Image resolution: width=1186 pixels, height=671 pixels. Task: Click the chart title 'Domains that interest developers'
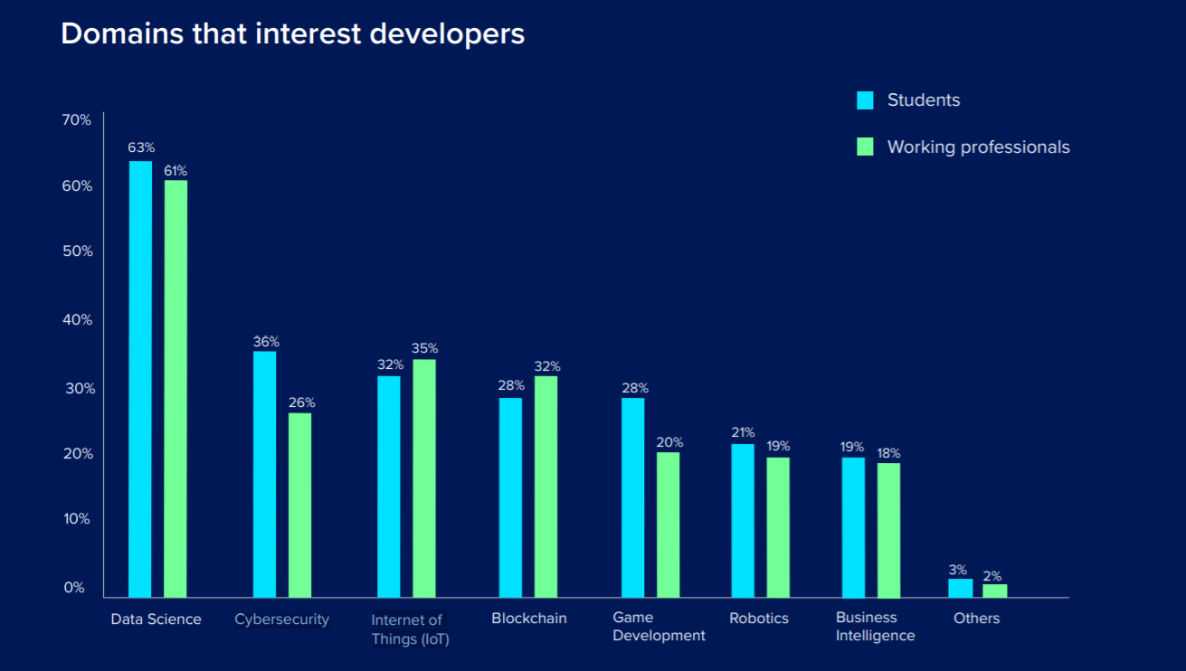click(x=292, y=34)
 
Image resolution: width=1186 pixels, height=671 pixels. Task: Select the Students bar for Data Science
click(x=140, y=379)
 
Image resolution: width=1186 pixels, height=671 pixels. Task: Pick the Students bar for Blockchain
click(x=510, y=497)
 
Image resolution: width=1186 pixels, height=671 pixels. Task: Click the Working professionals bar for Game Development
click(x=668, y=525)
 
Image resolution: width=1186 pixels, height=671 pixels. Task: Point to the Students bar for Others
click(x=960, y=588)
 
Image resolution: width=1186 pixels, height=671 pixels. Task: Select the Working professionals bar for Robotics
click(x=778, y=527)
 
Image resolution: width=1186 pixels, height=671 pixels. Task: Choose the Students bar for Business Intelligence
click(x=853, y=527)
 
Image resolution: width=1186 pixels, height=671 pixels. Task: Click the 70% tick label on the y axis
click(x=77, y=119)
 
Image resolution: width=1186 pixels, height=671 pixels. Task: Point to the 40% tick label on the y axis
click(x=77, y=319)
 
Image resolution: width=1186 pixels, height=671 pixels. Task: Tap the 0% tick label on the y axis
click(x=74, y=587)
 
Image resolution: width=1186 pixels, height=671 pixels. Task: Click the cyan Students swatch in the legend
click(x=865, y=100)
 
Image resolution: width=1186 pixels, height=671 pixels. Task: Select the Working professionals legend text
click(x=978, y=146)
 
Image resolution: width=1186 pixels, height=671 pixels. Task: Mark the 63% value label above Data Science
click(x=141, y=146)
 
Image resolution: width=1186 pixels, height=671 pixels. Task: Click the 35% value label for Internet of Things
click(x=424, y=348)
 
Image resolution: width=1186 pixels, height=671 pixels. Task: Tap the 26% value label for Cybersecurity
click(x=301, y=402)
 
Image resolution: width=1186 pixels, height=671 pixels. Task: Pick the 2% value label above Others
click(x=992, y=576)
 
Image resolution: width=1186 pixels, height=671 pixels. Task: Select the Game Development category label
click(x=659, y=626)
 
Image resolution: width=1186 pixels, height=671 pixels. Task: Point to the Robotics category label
click(x=759, y=619)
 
